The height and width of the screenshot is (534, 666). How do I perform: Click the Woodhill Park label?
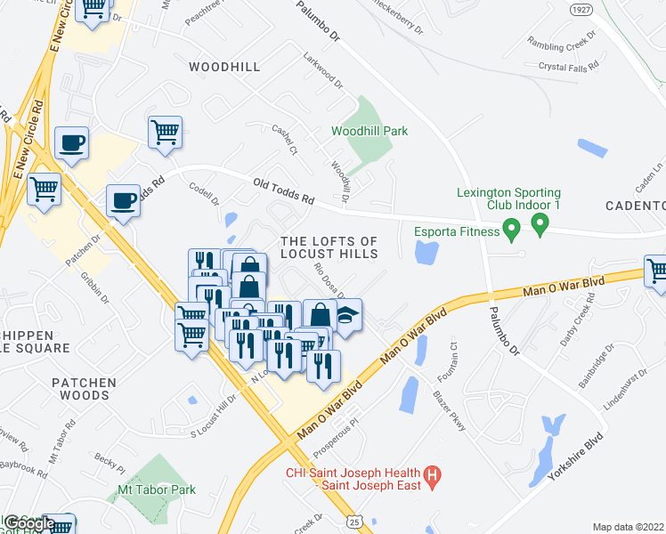(x=370, y=131)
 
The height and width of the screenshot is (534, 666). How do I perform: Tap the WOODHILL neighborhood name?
(x=224, y=67)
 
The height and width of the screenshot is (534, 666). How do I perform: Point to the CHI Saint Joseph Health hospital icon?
(x=432, y=478)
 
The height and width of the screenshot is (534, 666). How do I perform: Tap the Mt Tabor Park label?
(x=156, y=489)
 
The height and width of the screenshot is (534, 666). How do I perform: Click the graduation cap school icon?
(x=346, y=315)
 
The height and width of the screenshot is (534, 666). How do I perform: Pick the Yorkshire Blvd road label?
(x=575, y=456)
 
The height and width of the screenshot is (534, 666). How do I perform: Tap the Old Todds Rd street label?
(x=284, y=191)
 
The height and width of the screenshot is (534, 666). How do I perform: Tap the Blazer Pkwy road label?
(x=450, y=409)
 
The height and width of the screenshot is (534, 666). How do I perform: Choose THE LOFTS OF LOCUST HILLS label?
(x=329, y=247)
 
